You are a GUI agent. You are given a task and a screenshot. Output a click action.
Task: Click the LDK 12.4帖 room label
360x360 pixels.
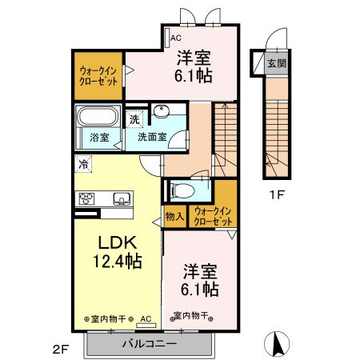click(x=118, y=251)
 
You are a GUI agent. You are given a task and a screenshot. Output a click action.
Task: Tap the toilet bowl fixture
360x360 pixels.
click(x=182, y=190)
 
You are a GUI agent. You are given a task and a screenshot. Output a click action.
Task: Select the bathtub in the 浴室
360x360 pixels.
click(x=98, y=116)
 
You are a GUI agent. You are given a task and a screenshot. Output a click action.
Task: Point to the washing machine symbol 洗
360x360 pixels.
click(x=134, y=119)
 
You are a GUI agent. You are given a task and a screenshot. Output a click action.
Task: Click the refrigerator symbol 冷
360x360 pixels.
click(x=83, y=164)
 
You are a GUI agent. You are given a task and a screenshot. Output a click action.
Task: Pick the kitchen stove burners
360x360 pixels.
click(x=86, y=198)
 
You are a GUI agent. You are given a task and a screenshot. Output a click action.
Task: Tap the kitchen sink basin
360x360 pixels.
click(x=122, y=198)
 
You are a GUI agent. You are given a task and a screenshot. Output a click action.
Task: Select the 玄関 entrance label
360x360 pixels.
click(x=277, y=63)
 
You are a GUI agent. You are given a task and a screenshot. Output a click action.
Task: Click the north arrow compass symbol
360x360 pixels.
click(x=277, y=344)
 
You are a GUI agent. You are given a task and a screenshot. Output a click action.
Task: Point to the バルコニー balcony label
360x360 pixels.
click(x=150, y=343)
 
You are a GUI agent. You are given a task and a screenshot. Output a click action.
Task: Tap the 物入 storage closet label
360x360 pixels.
click(x=174, y=216)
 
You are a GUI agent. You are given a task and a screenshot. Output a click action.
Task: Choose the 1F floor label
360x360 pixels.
click(x=276, y=195)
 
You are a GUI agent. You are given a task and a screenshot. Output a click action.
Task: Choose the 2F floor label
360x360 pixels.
click(x=62, y=350)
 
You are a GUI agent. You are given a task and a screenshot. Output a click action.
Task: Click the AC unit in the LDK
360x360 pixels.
click(x=146, y=326)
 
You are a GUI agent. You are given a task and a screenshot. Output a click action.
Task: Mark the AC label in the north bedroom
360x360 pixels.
click(x=176, y=38)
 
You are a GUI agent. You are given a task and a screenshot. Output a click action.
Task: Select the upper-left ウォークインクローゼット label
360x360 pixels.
click(x=98, y=76)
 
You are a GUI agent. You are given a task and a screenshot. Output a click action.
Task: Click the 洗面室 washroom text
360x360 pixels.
click(x=152, y=137)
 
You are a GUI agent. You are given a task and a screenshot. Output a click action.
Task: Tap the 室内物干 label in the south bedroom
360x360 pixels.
click(x=190, y=316)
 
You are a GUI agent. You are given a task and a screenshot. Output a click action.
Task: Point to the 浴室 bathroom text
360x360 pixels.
click(x=99, y=138)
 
